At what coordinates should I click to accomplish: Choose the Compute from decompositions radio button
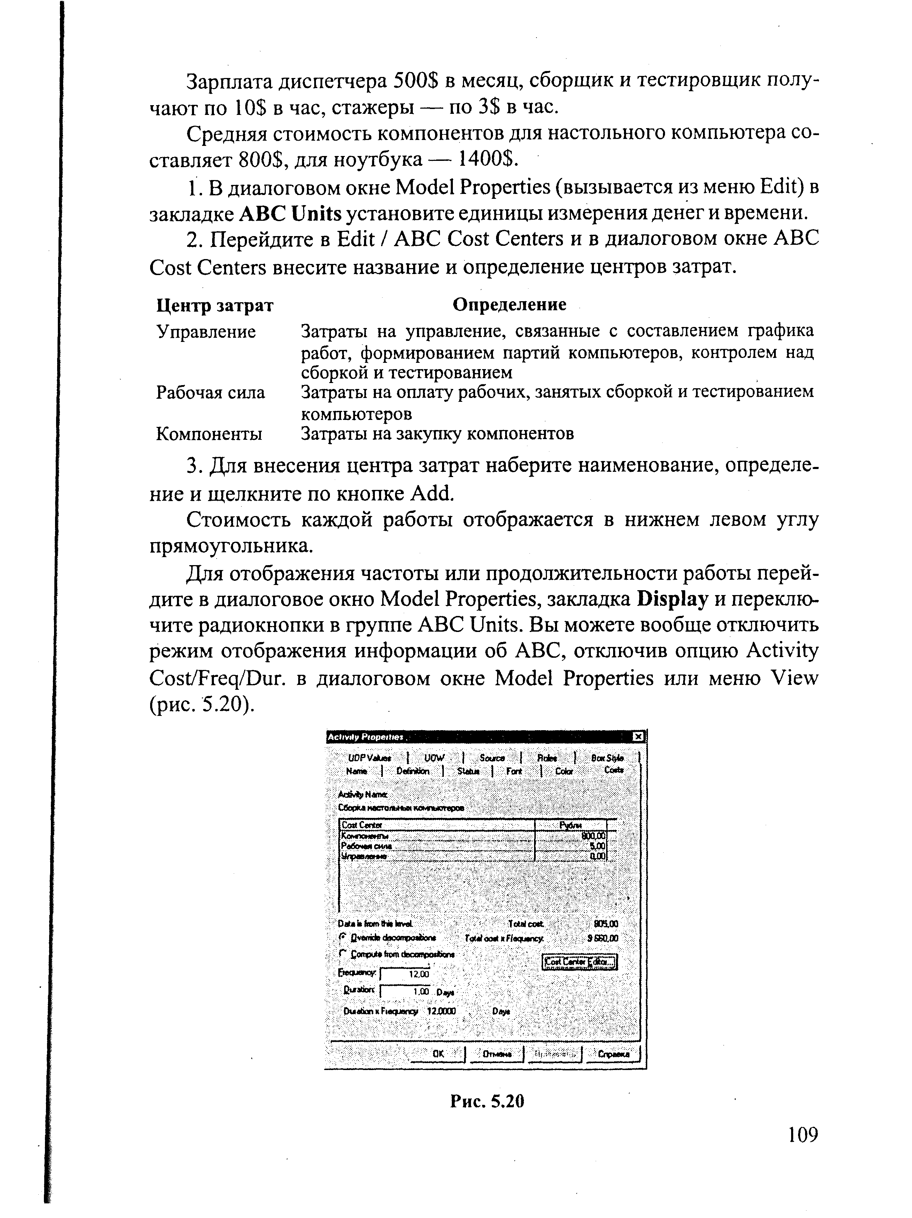(x=342, y=954)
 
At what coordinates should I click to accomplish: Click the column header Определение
(x=509, y=304)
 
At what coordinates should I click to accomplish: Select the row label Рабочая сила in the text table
(x=210, y=393)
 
